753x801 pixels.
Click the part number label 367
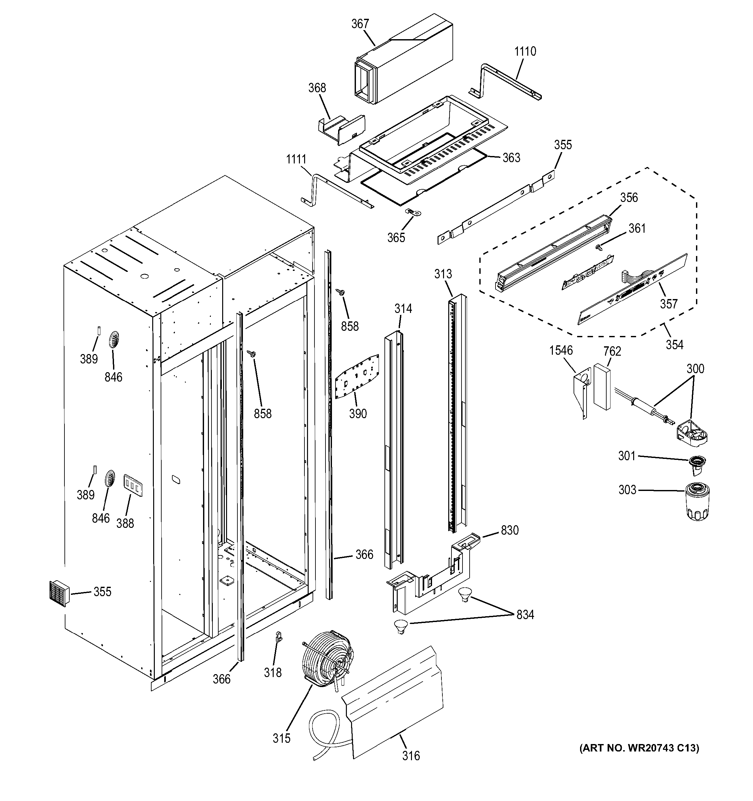[x=359, y=24]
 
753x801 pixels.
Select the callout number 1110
[x=525, y=51]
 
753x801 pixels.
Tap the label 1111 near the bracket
[x=296, y=160]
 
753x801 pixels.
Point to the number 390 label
[x=358, y=413]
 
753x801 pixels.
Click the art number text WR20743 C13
[x=639, y=748]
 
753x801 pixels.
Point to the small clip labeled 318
[x=278, y=637]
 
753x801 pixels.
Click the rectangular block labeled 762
[x=602, y=387]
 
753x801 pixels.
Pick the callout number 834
[x=525, y=615]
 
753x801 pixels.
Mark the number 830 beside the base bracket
[x=509, y=530]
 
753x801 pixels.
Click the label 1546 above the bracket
[x=561, y=350]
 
